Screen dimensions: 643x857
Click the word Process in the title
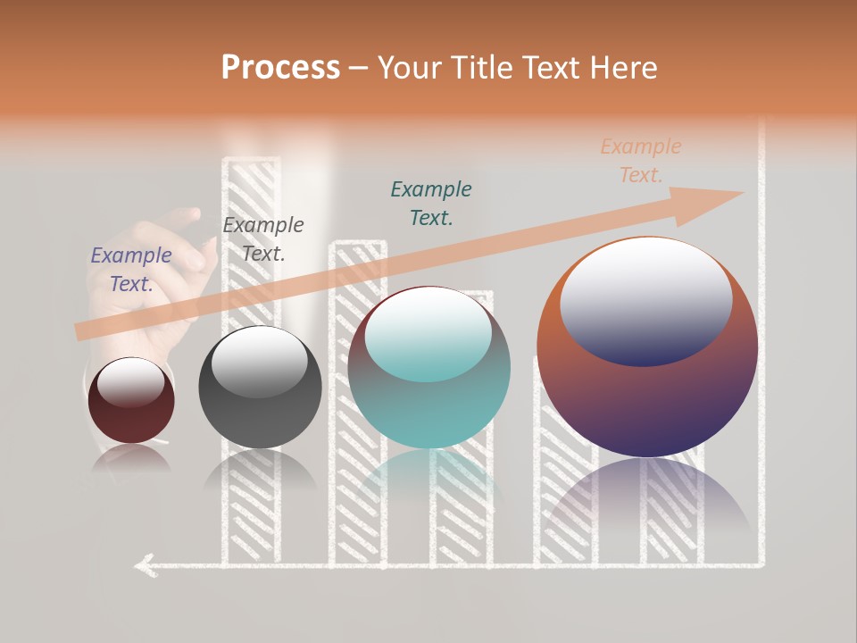pos(280,68)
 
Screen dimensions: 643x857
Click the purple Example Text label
pos(131,270)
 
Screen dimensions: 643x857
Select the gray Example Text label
pos(263,239)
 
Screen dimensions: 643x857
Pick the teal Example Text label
pos(431,204)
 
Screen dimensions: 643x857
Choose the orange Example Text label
pos(641,161)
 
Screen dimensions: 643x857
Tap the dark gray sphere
pos(260,411)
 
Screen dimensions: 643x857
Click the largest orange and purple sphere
pos(647,402)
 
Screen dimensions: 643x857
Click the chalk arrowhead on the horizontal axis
pos(143,564)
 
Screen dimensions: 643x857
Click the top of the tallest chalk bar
pos(251,161)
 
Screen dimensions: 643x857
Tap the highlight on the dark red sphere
pos(130,382)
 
